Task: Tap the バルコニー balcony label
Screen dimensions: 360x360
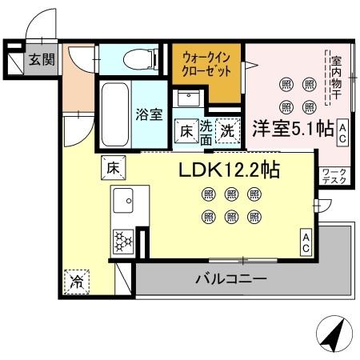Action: pos(231,280)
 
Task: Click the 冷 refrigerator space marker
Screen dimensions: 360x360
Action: pos(77,281)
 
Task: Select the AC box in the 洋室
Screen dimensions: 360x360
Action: pos(342,131)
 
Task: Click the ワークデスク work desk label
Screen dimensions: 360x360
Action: pos(334,177)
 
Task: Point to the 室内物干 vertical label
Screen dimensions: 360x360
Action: pos(336,81)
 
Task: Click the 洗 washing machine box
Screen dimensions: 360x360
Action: pos(228,130)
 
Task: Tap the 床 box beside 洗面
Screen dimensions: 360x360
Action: pos(184,130)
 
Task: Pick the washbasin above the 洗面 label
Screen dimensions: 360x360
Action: pos(190,102)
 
